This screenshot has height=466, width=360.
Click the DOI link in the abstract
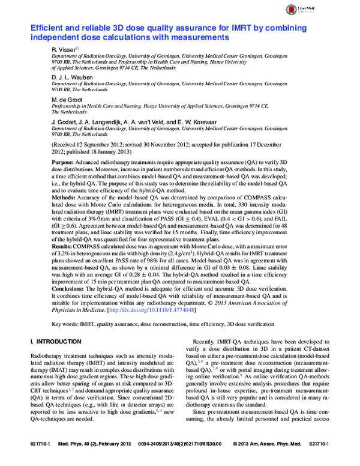click(161, 311)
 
